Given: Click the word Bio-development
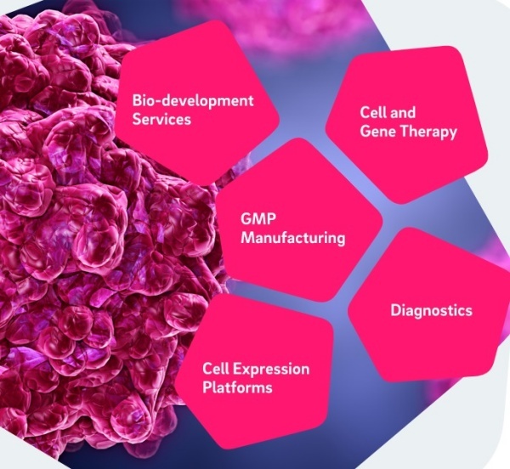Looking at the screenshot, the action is click(x=193, y=101).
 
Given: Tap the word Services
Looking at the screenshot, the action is click(x=161, y=119).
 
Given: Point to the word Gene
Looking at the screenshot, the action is click(x=377, y=132).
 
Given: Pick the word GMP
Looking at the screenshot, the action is click(x=258, y=218).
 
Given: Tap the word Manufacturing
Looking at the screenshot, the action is click(x=292, y=238).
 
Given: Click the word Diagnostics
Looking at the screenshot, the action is click(x=431, y=310).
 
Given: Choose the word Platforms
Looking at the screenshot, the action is click(x=237, y=387).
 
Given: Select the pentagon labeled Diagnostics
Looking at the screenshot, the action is click(x=429, y=306).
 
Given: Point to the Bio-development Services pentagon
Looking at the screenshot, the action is click(x=197, y=104).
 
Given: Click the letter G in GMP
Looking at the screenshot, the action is click(x=246, y=218).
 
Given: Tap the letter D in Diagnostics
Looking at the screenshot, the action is click(x=395, y=310).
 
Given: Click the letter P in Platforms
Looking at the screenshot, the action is click(x=207, y=387).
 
